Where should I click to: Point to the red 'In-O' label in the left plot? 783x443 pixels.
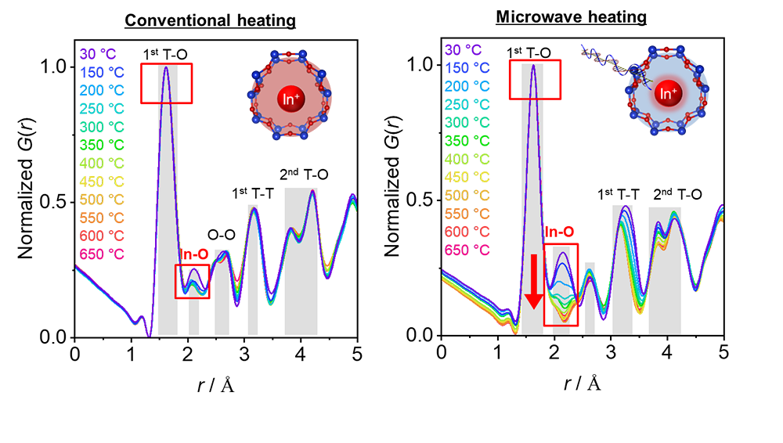pos(193,254)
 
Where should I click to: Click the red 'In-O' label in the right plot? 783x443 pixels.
pos(559,232)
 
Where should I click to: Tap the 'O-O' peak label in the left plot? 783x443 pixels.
pos(219,234)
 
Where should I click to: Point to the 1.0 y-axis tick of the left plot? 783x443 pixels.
pos(54,67)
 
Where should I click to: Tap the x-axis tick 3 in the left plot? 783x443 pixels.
pos(244,353)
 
